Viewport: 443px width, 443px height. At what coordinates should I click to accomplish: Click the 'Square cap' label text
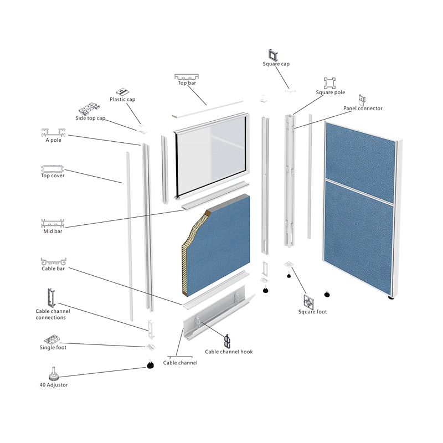click(x=276, y=64)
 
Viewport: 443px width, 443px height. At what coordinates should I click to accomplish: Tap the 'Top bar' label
click(x=187, y=83)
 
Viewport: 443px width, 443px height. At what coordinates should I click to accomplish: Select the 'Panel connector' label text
click(x=363, y=108)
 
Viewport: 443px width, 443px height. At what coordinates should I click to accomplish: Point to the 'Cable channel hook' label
click(x=229, y=352)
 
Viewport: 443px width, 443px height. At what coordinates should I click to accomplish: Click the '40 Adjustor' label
click(x=54, y=385)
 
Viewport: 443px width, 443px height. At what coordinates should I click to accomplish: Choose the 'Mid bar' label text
click(x=53, y=231)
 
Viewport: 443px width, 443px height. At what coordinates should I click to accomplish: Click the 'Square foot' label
click(x=312, y=312)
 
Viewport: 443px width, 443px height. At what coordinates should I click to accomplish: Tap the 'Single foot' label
click(x=53, y=348)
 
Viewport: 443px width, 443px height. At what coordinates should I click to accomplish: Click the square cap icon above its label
click(x=273, y=55)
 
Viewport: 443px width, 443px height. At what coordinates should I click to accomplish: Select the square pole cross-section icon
click(x=329, y=83)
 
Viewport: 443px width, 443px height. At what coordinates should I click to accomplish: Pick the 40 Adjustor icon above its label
click(x=53, y=373)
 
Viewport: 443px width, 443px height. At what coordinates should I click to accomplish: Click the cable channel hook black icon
click(x=227, y=341)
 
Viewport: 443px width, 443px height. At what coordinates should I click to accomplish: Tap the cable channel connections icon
click(x=51, y=298)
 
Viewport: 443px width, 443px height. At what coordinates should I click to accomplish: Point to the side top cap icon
click(x=89, y=109)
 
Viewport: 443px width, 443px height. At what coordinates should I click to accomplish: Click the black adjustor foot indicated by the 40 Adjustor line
click(x=151, y=365)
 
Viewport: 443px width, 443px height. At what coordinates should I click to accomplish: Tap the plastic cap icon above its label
click(x=122, y=92)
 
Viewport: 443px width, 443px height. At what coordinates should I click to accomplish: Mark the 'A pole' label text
click(x=53, y=140)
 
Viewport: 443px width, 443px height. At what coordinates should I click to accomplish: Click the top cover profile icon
click(x=53, y=169)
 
